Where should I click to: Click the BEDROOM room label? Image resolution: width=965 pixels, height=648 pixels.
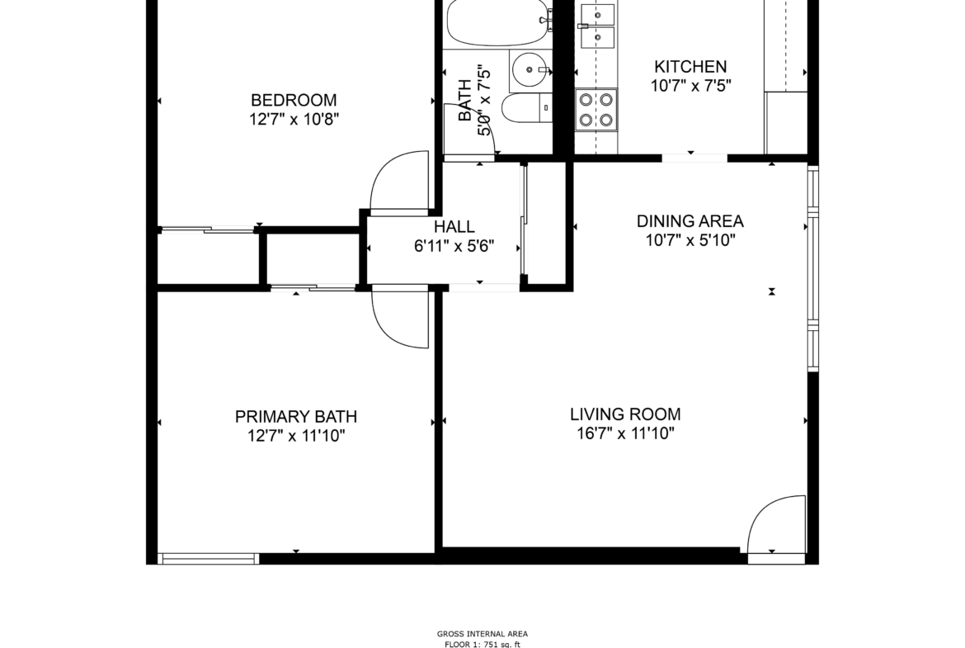pyautogui.click(x=294, y=100)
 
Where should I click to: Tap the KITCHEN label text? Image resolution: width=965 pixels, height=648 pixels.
pyautogui.click(x=690, y=66)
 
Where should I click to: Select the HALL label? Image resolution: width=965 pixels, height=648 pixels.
pyautogui.click(x=454, y=227)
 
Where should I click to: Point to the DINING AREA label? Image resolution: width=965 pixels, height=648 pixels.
pyautogui.click(x=690, y=220)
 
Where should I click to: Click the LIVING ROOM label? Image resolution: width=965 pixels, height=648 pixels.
pyautogui.click(x=625, y=414)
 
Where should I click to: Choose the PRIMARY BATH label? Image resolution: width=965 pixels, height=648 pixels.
pyautogui.click(x=296, y=416)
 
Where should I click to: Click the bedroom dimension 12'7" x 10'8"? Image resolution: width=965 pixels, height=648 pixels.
pyautogui.click(x=294, y=119)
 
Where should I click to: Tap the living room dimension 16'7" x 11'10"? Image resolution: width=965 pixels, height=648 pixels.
pyautogui.click(x=625, y=433)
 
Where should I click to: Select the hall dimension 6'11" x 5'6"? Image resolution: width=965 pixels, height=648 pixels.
pyautogui.click(x=454, y=246)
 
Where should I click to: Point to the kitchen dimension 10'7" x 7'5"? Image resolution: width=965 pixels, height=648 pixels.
pyautogui.click(x=690, y=85)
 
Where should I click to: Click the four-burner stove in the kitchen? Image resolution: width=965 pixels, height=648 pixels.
pyautogui.click(x=596, y=110)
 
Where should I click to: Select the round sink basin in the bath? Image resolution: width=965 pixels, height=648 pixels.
pyautogui.click(x=530, y=69)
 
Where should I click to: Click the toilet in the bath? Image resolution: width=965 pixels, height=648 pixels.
pyautogui.click(x=526, y=108)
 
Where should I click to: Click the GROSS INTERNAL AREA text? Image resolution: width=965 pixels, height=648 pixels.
pyautogui.click(x=482, y=634)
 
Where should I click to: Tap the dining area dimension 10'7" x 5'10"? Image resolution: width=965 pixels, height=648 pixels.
pyautogui.click(x=690, y=239)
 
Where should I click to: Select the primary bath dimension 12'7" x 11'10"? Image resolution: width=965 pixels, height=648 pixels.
pyautogui.click(x=296, y=436)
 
